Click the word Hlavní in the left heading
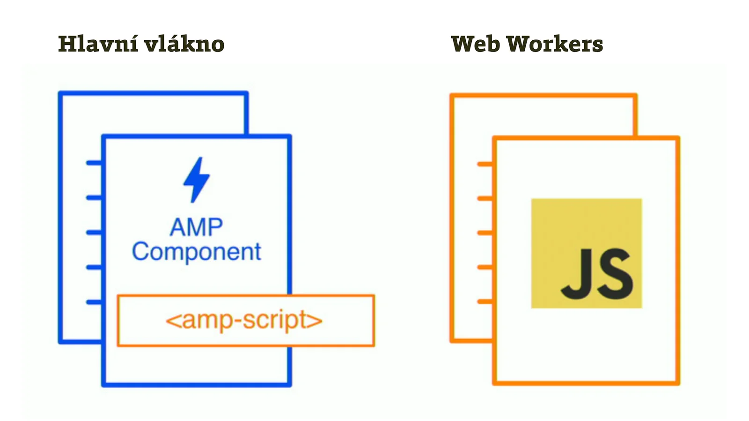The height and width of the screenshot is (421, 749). point(98,44)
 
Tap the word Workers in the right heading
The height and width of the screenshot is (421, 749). point(555,44)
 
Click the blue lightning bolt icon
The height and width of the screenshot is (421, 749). point(197,180)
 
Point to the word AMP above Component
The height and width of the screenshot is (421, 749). point(196,228)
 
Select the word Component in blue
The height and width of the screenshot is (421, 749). point(196,252)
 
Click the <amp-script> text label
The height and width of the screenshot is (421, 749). point(244,320)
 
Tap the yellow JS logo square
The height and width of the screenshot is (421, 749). point(586,225)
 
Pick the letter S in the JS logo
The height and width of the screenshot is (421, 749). point(613,274)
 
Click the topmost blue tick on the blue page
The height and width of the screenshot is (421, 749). point(94,163)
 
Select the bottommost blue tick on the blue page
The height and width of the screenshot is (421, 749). point(94,302)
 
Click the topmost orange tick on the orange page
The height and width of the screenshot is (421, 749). point(485,164)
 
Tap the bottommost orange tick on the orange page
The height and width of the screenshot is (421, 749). point(485,302)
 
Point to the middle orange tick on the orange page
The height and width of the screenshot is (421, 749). point(485,233)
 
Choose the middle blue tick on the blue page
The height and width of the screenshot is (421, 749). point(94,232)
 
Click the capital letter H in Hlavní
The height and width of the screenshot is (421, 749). point(66,44)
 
